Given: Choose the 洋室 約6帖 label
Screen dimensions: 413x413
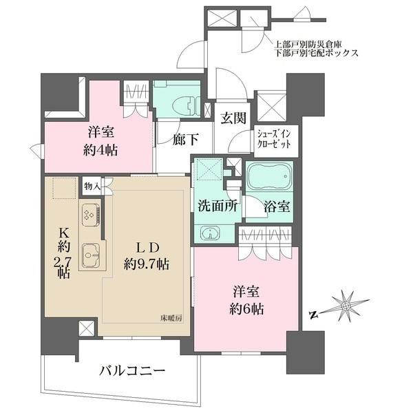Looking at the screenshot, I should point(247,299).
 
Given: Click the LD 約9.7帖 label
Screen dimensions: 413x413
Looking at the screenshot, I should point(142,255).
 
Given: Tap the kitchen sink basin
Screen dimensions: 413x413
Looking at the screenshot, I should point(91,256).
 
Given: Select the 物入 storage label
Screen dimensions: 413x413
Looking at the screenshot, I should point(92,185).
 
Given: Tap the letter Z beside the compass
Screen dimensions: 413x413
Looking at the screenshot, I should point(313,316).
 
